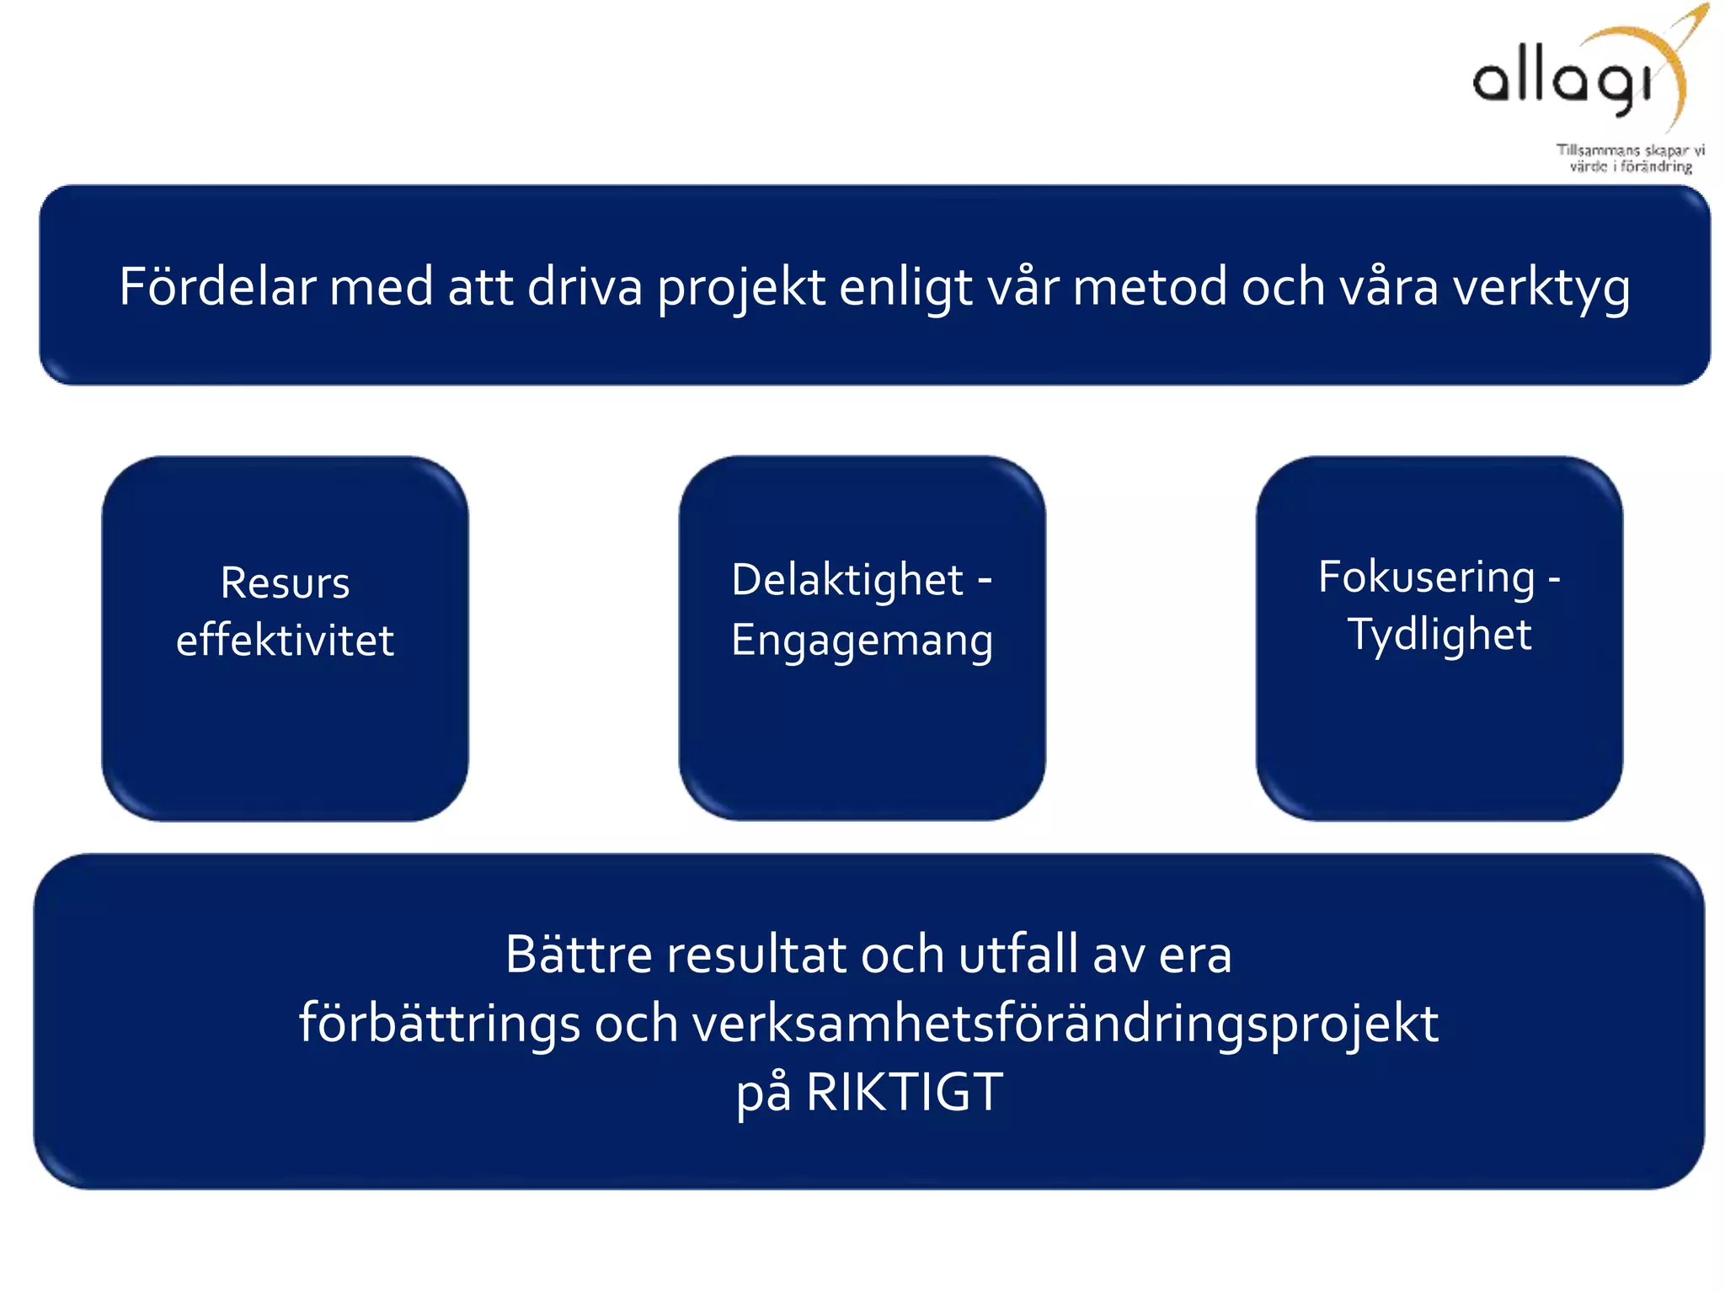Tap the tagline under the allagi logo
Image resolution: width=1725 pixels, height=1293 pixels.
1630,158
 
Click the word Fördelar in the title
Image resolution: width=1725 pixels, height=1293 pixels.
216,286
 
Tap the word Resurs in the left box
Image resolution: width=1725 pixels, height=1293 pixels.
285,583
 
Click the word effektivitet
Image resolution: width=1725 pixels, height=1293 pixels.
285,640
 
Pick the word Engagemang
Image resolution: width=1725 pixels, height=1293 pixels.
862,640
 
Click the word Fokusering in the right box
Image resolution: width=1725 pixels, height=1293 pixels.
1426,577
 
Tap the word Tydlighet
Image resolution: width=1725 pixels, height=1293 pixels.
1439,635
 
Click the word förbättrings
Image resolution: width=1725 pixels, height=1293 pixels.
440,1024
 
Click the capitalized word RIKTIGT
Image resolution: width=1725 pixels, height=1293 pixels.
904,1093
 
